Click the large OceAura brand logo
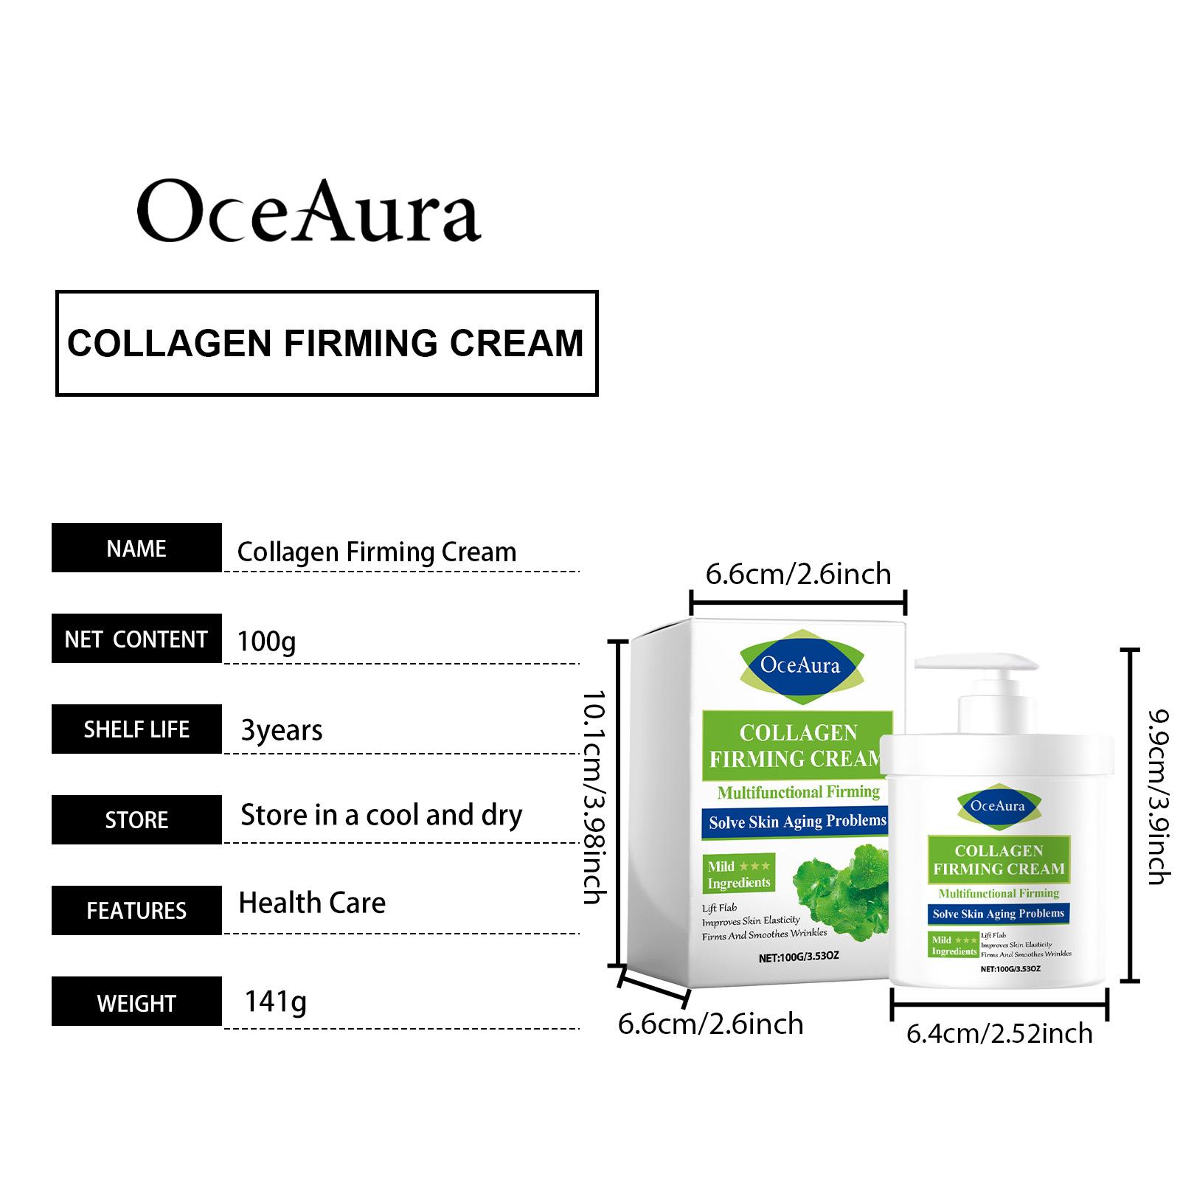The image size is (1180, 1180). click(309, 211)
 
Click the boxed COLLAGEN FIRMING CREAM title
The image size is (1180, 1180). click(326, 343)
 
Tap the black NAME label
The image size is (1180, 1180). click(136, 548)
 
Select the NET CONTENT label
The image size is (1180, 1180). click(136, 639)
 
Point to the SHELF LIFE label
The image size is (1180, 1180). click(136, 729)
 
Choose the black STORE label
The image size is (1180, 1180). click(136, 819)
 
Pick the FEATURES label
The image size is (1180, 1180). click(136, 910)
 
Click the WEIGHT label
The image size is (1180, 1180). click(136, 1002)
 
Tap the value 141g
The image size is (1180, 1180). click(275, 1002)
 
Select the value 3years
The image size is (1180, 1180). click(282, 730)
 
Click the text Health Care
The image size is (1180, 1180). click(312, 903)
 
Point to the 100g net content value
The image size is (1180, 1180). click(266, 641)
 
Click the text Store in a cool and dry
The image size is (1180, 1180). click(381, 816)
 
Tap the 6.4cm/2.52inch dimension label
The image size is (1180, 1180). click(999, 1033)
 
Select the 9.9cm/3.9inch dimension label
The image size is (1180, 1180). click(1159, 796)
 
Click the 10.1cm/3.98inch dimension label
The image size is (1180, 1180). click(594, 796)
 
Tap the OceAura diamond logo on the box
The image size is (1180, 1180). click(799, 664)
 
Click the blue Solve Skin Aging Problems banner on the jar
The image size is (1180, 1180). click(999, 914)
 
